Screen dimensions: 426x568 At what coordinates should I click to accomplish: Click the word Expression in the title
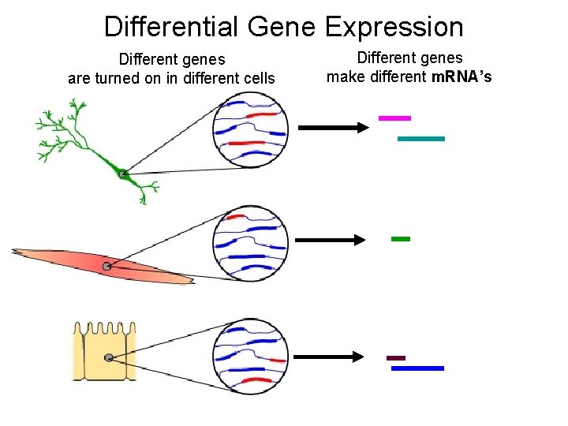tap(394, 27)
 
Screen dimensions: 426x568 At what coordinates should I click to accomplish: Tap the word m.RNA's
tap(461, 77)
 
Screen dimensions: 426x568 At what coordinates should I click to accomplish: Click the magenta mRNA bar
tap(394, 118)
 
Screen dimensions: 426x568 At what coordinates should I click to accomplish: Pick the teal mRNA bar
tap(420, 138)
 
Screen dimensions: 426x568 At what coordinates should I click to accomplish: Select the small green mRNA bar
tap(401, 238)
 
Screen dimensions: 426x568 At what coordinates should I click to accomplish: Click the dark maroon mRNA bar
tap(396, 358)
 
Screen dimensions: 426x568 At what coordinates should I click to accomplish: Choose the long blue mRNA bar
tap(417, 368)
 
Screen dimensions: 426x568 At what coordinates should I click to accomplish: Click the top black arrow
tap(332, 127)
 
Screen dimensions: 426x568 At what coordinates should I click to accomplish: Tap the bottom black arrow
tap(332, 357)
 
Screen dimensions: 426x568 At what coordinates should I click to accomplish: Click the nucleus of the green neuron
tap(122, 174)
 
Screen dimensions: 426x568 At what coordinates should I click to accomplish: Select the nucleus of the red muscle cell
tap(106, 267)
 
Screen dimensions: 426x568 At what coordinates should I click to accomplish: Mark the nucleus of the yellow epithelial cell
tap(109, 358)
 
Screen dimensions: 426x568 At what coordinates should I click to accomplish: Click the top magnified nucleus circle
tap(251, 130)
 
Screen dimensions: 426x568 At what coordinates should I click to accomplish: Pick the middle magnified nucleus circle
tap(251, 243)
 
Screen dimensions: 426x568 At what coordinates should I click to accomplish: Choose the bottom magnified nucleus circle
tap(251, 356)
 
